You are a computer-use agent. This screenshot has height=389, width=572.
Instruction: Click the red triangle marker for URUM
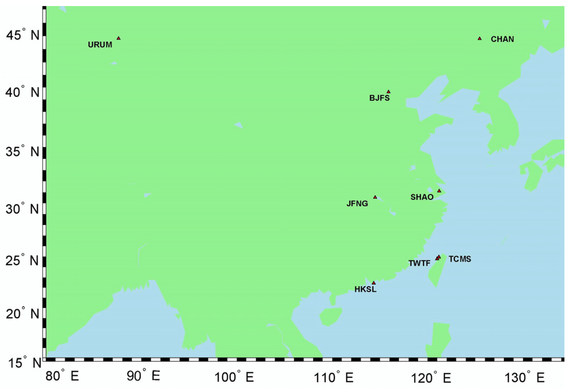118,38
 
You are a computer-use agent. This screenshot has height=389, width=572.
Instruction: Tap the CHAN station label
502,39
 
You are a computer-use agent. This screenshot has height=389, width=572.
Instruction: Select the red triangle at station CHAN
480,39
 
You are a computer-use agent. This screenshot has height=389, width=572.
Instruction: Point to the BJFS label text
379,98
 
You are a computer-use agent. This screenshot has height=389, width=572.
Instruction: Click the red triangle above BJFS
388,92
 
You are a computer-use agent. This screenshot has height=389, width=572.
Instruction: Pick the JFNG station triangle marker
375,197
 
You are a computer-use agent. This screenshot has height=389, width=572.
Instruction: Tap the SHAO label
422,197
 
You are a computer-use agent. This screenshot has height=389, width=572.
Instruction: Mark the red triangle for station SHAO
439,191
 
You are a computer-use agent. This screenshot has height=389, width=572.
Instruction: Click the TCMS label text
460,259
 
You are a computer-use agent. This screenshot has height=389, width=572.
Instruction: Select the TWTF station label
419,263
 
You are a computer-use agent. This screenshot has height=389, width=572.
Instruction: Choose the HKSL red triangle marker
374,283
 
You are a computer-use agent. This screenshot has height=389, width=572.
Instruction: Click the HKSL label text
365,289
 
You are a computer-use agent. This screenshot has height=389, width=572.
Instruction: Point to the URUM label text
100,45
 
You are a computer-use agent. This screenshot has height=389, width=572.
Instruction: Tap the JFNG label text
357,203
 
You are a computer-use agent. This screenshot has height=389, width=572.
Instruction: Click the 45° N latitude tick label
23,35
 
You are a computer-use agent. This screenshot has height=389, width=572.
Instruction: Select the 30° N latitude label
22,209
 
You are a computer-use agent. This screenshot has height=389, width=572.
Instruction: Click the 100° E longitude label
234,378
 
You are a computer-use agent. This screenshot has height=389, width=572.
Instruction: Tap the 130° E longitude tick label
524,378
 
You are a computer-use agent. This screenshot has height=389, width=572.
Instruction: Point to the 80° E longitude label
62,376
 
